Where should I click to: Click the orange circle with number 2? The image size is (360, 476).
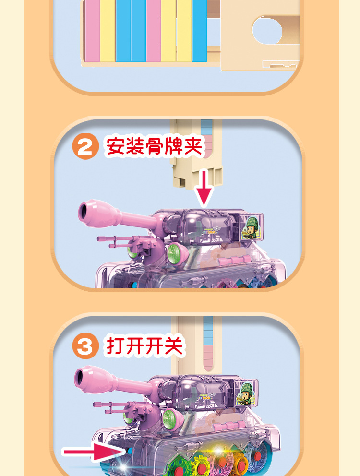click(x=85, y=146)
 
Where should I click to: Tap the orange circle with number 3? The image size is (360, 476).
click(x=85, y=346)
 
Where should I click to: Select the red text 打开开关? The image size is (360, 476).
click(x=145, y=346)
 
